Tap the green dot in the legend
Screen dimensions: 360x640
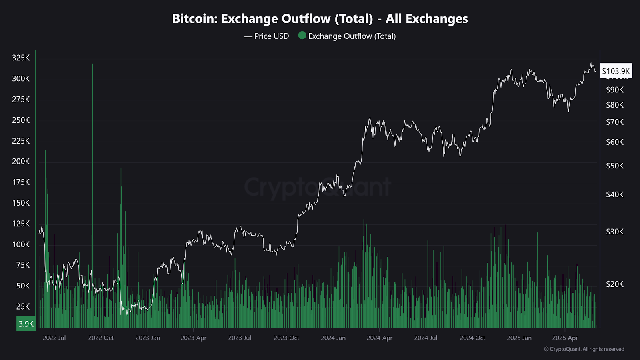point(302,36)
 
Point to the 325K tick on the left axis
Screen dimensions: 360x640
point(21,58)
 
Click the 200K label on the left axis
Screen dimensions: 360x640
point(21,162)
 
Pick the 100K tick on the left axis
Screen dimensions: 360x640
point(21,244)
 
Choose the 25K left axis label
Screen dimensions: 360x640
point(23,307)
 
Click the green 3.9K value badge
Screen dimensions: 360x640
point(26,324)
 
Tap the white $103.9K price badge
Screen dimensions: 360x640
point(616,71)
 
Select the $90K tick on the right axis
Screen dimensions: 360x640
point(615,90)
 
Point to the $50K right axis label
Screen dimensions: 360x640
point(615,166)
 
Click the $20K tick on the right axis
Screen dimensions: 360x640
point(615,284)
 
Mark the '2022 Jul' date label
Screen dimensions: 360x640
point(54,338)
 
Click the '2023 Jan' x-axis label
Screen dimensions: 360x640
point(148,338)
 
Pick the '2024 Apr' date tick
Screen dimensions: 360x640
point(379,338)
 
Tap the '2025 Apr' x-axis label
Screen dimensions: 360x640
point(565,338)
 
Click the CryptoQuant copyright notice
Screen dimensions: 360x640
point(584,349)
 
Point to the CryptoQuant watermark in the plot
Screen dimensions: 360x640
point(317,187)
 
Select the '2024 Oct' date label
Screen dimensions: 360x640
point(472,338)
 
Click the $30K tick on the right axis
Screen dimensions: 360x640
point(615,232)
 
